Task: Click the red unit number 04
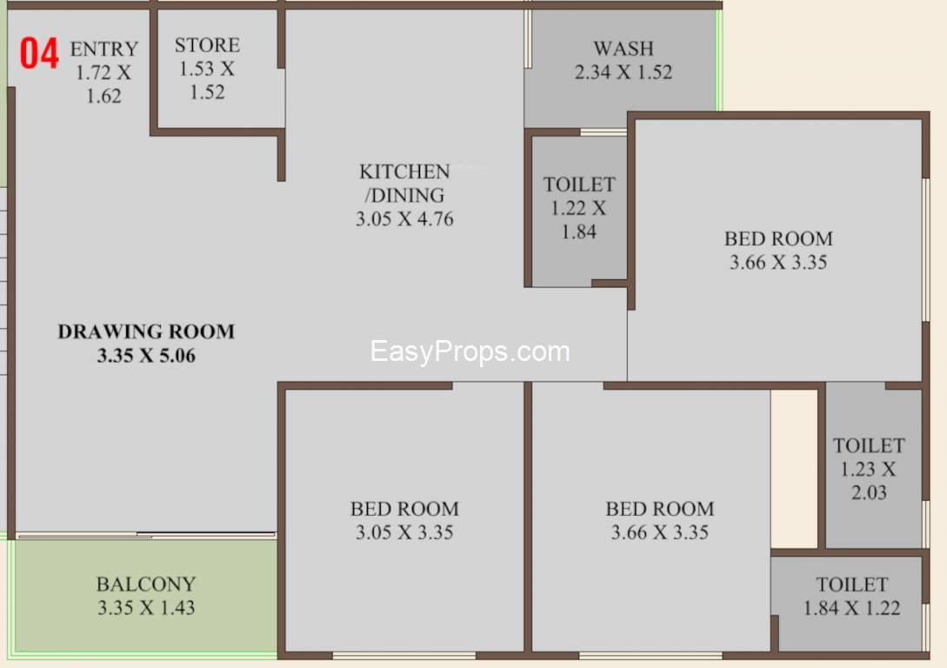click(39, 53)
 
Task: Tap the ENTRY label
click(103, 49)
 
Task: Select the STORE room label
click(207, 45)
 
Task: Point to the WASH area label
click(624, 49)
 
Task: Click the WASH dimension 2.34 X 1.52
click(624, 72)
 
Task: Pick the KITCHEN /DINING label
click(404, 183)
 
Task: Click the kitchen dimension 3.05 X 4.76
click(404, 218)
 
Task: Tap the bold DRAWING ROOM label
click(146, 331)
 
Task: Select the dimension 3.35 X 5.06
click(146, 355)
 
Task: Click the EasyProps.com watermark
click(470, 351)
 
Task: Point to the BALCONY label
click(146, 584)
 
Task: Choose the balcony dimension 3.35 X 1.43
click(146, 608)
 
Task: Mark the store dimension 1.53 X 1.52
click(207, 80)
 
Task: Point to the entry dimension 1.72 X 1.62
click(103, 84)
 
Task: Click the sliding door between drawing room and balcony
click(146, 535)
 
